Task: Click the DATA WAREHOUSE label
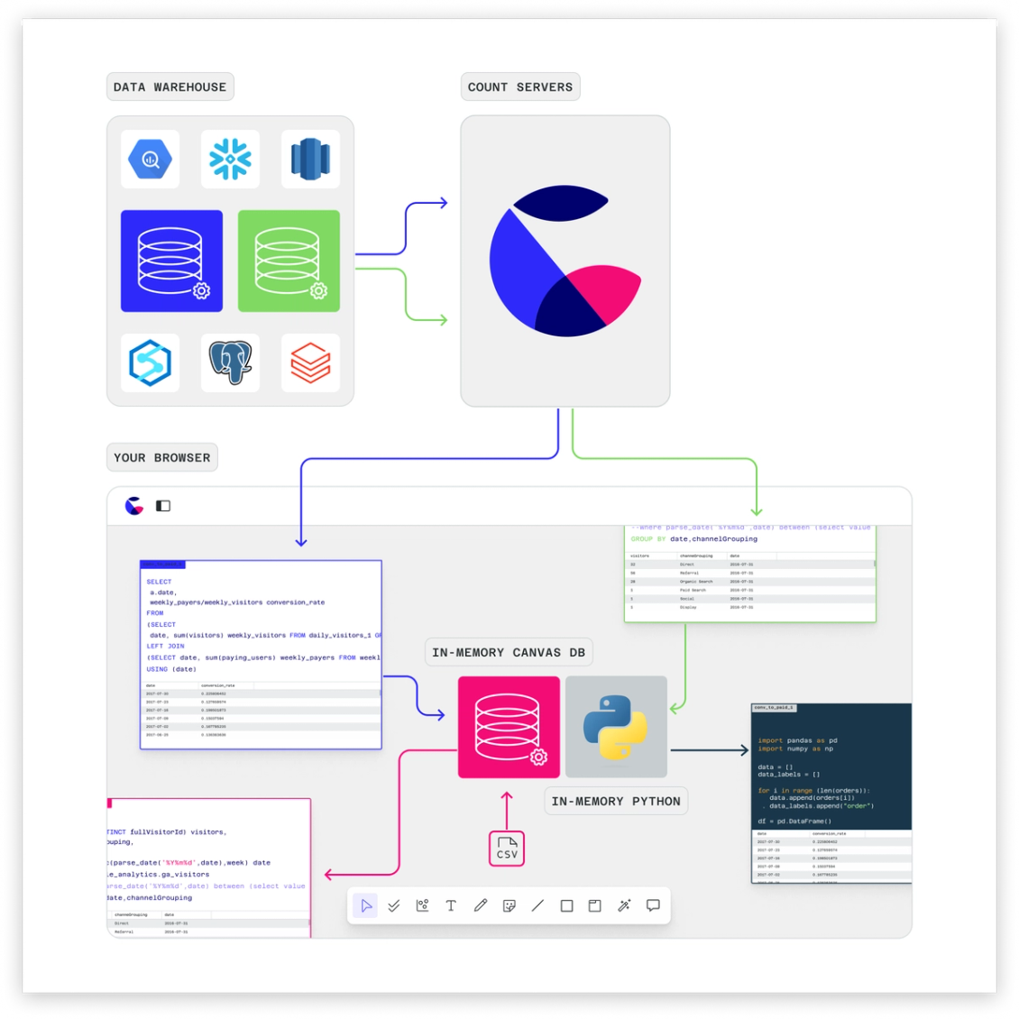point(170,87)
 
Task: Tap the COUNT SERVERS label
point(519,87)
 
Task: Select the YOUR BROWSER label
point(161,458)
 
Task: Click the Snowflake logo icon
point(230,160)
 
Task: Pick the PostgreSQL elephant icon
point(230,363)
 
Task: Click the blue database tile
point(171,262)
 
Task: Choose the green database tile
point(289,262)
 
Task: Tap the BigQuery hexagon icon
point(150,160)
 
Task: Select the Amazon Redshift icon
point(310,160)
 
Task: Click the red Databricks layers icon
point(310,363)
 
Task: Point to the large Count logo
point(565,261)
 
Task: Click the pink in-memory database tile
point(509,727)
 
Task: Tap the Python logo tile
point(616,727)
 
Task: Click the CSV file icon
point(507,849)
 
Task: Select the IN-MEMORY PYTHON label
point(616,802)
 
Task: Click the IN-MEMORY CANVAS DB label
point(509,653)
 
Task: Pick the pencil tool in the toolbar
point(480,905)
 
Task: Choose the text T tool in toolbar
point(451,905)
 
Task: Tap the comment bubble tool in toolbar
point(653,905)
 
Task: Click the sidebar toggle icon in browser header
point(163,506)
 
